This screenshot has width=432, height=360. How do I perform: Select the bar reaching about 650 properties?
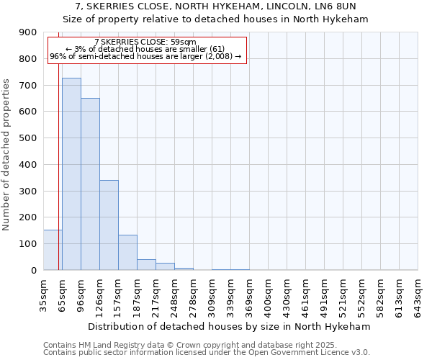90,184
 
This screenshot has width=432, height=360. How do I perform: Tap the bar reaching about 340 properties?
109,225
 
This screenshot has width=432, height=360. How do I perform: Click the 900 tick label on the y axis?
28,32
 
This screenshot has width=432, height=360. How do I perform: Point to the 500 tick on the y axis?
28,138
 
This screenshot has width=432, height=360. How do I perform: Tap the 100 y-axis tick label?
28,244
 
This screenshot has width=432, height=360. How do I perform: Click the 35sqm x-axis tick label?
44,294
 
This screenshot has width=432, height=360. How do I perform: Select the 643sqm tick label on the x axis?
418,294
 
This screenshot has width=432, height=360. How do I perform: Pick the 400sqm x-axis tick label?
269,294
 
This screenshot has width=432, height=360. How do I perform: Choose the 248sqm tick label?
175,294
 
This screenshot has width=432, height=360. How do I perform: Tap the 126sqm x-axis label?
100,294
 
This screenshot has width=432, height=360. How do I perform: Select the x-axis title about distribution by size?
230,326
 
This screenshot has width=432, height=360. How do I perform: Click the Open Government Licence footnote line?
207,353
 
